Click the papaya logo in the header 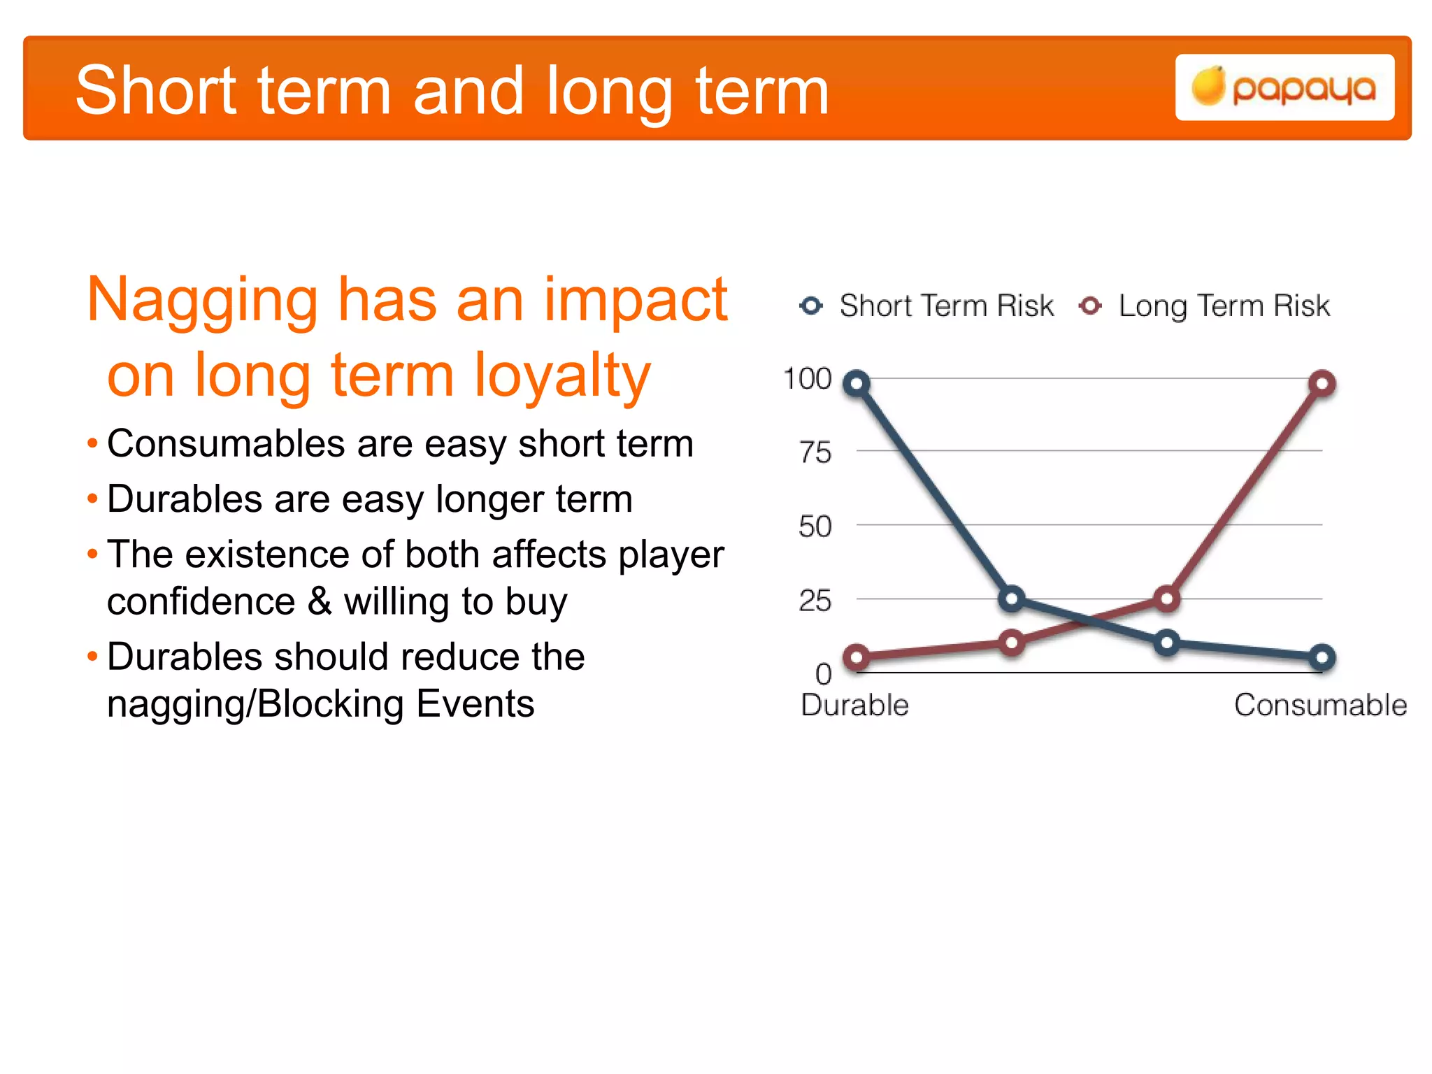point(1284,88)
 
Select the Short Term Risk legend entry point(927,306)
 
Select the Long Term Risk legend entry point(1205,306)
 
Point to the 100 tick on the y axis point(808,379)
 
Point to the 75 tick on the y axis point(815,453)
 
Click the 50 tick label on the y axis point(815,527)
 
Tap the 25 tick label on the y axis point(815,601)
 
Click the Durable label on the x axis point(854,705)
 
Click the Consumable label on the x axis point(1320,705)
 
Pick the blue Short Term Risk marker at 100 point(857,383)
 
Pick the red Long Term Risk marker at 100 point(1322,383)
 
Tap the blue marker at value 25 point(1012,599)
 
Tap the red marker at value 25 point(1166,599)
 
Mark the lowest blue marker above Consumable point(1322,657)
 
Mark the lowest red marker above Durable point(857,657)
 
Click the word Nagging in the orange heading point(202,301)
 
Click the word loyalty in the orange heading point(562,376)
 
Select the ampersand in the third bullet point(320,601)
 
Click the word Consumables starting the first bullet point(226,444)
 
